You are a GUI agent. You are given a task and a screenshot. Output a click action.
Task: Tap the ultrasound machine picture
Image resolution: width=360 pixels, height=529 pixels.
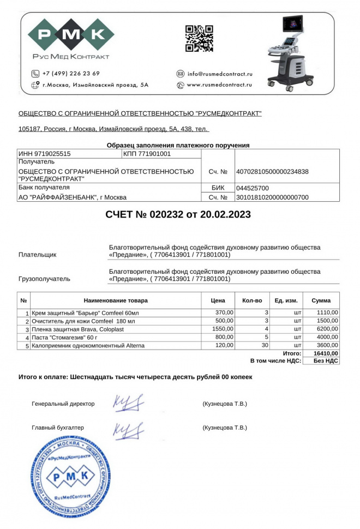pyautogui.click(x=289, y=52)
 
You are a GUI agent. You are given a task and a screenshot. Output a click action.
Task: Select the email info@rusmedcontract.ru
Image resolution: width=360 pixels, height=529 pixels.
pyautogui.click(x=220, y=74)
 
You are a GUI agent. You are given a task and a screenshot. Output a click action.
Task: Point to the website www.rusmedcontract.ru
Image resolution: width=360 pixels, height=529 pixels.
pyautogui.click(x=219, y=85)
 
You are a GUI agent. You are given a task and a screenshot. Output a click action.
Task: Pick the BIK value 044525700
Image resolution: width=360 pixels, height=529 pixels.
pyautogui.click(x=252, y=188)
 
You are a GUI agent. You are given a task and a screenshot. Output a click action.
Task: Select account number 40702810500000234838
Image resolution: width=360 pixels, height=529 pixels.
pyautogui.click(x=272, y=172)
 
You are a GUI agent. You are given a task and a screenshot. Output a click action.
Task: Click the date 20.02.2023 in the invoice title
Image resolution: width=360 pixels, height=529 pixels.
pyautogui.click(x=223, y=214)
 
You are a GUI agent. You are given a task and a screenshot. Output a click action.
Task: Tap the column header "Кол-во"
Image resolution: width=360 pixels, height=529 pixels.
pyautogui.click(x=252, y=300)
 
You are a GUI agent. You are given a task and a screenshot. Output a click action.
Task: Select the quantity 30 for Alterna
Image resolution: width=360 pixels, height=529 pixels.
pyautogui.click(x=266, y=346)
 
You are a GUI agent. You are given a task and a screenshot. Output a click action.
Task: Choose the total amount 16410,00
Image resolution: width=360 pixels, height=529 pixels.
pyautogui.click(x=326, y=353)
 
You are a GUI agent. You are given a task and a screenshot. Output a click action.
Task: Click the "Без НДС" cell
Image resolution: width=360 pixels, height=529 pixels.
pyautogui.click(x=326, y=361)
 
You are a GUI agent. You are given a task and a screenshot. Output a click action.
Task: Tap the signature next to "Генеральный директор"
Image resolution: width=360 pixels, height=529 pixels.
pyautogui.click(x=128, y=404)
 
